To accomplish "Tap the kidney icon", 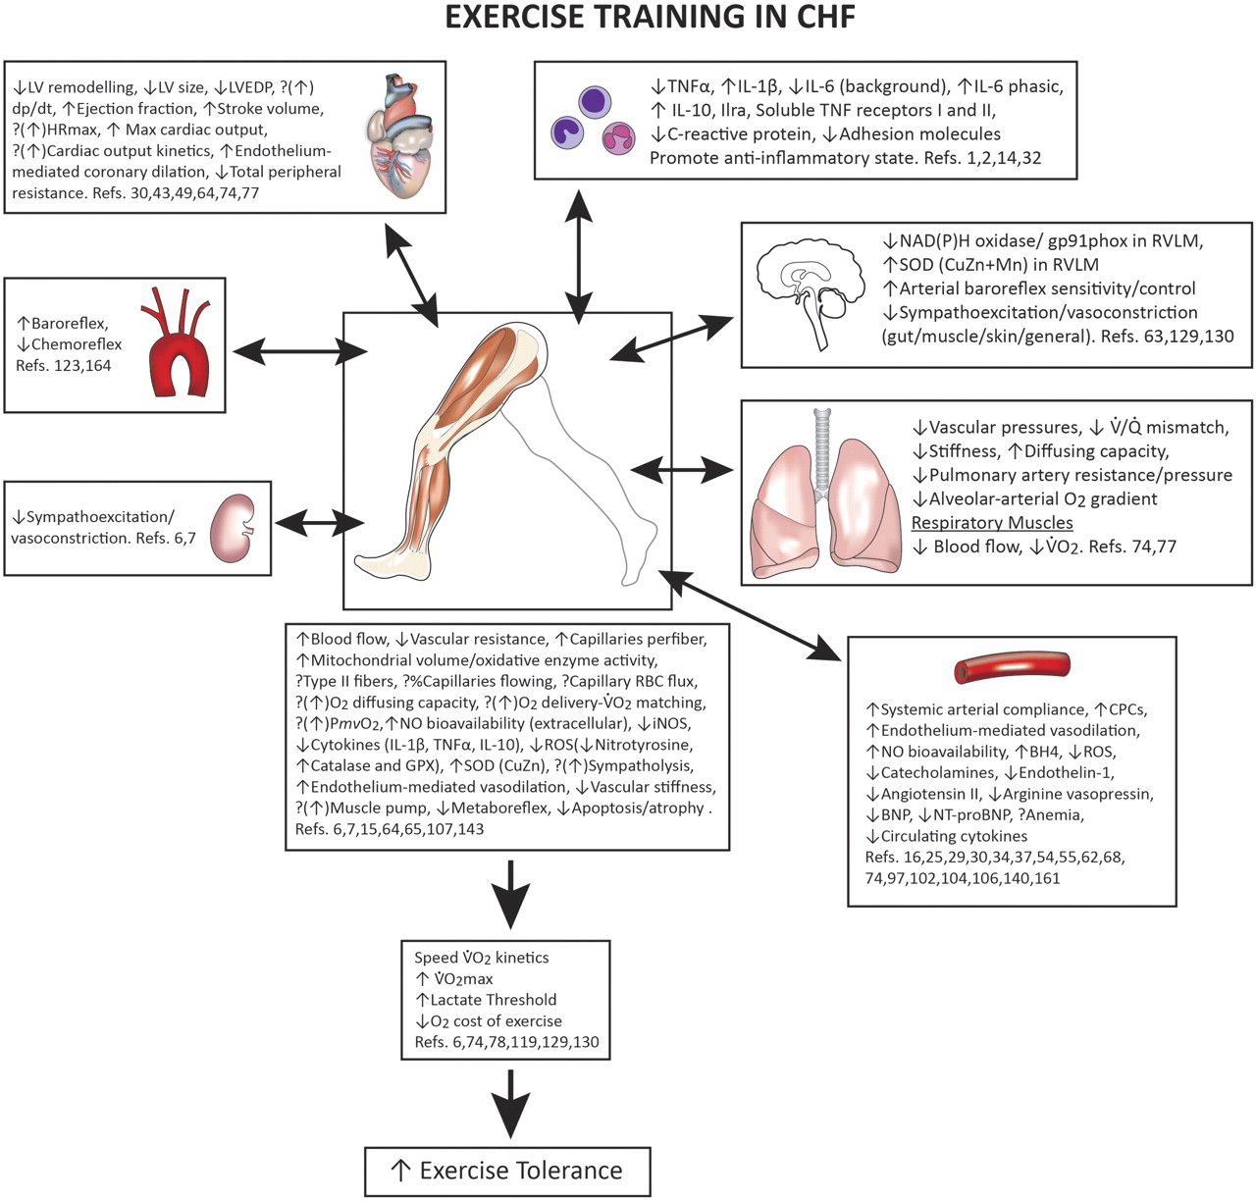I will click(233, 528).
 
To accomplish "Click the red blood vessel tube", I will click(1011, 668).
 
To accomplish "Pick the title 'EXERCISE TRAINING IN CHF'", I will click(651, 18).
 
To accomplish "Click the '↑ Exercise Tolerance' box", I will click(507, 1171).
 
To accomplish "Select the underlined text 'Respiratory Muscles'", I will click(991, 523).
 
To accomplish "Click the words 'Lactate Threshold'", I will click(494, 1000).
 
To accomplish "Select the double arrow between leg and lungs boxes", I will click(682, 472).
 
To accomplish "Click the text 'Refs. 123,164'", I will click(64, 366).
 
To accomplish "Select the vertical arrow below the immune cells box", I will click(579, 252).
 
